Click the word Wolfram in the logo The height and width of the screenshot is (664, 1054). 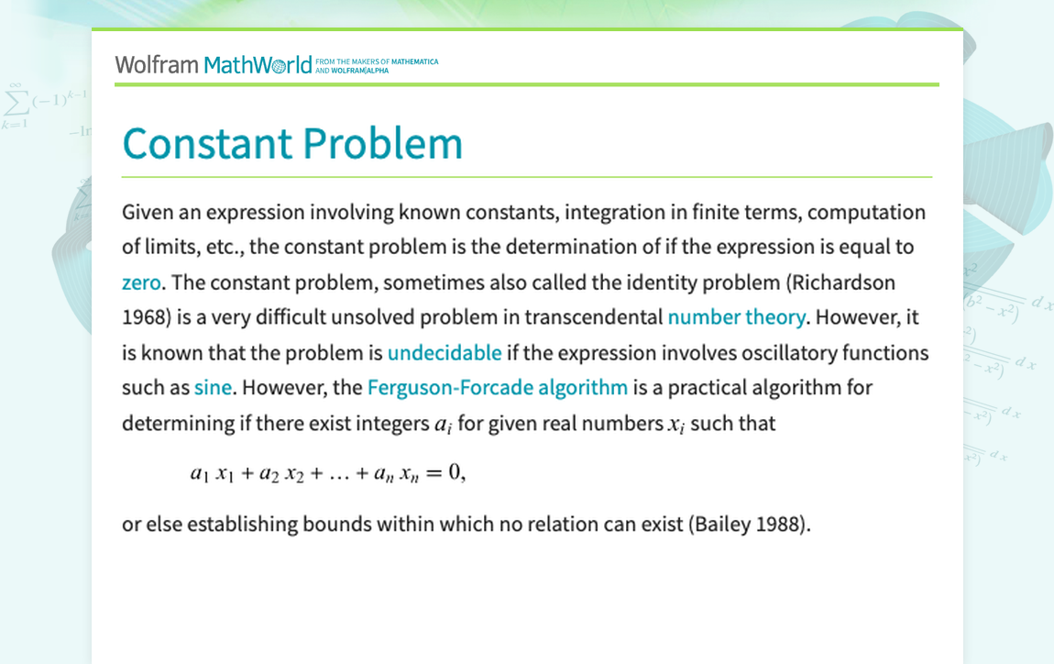[x=157, y=65]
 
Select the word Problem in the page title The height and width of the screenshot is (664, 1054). [x=382, y=143]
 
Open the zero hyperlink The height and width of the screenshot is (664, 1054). [x=141, y=282]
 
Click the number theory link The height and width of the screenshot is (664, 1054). [x=736, y=316]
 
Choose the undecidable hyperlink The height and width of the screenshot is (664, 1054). [x=445, y=352]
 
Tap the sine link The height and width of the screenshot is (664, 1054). [x=213, y=388]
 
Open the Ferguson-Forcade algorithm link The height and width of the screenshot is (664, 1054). [x=498, y=388]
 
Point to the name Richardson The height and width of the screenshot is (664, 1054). [x=843, y=282]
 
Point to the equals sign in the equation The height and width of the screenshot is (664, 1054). [x=434, y=473]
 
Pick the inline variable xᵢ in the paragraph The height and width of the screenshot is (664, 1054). [x=675, y=426]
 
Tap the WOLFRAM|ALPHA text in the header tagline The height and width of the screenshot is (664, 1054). [x=359, y=71]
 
